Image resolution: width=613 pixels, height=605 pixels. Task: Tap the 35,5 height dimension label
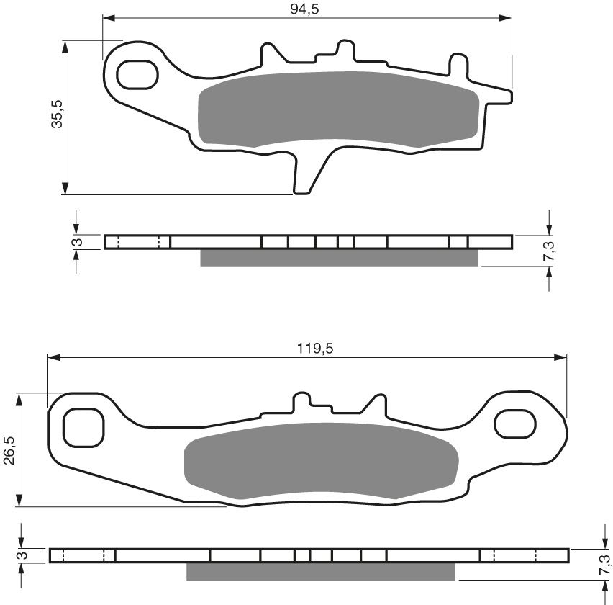(58, 114)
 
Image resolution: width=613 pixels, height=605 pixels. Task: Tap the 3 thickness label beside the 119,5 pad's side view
(22, 555)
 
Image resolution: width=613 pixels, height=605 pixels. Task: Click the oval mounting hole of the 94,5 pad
(137, 73)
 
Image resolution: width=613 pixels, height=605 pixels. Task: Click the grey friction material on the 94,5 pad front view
(337, 108)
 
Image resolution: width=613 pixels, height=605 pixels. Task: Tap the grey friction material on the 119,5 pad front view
(321, 461)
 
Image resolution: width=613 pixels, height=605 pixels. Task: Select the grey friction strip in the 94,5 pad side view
(338, 258)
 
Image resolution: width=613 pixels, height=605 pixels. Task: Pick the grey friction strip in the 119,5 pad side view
(320, 571)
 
